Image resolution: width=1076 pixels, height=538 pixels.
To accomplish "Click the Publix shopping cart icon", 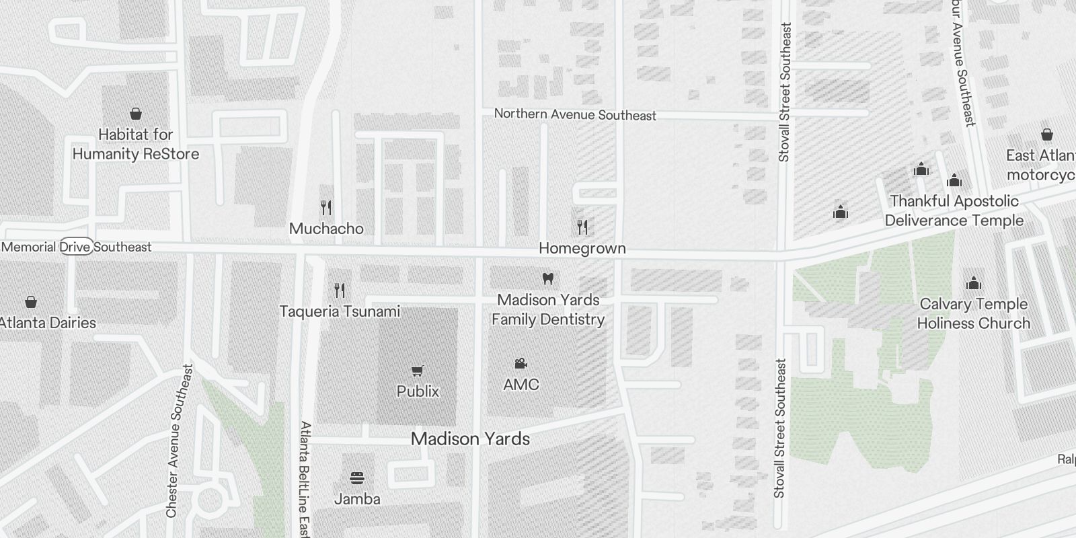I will point(417,371).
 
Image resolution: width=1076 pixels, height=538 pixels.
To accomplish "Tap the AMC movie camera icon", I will point(521,364).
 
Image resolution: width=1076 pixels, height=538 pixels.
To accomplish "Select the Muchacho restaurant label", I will point(326,229).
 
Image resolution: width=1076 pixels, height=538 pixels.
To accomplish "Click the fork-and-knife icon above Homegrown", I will point(582,227).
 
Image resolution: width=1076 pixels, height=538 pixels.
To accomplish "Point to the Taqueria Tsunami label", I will point(340,311).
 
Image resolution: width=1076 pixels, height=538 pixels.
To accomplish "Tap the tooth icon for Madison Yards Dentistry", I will point(548,278).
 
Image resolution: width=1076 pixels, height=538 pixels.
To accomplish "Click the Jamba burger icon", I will point(357,479).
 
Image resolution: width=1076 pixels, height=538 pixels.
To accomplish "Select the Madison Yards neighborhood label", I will point(470,439).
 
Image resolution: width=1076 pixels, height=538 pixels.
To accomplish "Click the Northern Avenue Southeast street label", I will point(575,115).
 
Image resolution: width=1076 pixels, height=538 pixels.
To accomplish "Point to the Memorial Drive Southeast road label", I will point(77,247).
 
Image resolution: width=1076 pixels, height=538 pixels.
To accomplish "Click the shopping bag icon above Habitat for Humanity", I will point(136,114).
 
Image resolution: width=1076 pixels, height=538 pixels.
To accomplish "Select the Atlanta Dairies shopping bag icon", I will point(30,302).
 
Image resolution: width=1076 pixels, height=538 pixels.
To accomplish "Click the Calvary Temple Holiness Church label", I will point(973,313).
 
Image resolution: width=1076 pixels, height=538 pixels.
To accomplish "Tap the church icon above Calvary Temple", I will point(973,283).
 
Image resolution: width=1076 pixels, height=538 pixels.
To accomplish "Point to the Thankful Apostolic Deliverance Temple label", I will point(954,210).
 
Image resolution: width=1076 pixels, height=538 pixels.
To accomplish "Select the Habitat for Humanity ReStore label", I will point(136,144).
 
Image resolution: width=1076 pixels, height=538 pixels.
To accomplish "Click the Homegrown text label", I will point(582,248).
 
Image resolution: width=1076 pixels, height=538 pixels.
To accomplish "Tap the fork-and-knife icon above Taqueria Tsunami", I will point(340,291).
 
